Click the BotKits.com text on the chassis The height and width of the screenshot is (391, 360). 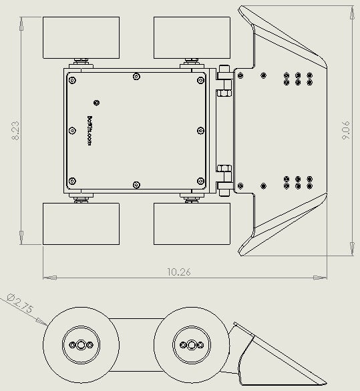[90, 131]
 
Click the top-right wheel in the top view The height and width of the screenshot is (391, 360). [193, 38]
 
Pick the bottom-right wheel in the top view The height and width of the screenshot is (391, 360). [193, 224]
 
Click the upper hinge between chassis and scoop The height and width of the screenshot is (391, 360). [224, 80]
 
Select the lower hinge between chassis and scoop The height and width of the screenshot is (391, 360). [224, 179]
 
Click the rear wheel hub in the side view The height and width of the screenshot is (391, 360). [81, 345]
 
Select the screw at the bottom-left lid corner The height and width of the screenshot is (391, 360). [72, 181]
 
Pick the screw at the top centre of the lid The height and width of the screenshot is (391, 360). [136, 76]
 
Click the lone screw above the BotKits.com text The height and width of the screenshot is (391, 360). [98, 102]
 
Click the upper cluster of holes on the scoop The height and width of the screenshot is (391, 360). [297, 79]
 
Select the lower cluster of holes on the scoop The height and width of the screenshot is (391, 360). [297, 183]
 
